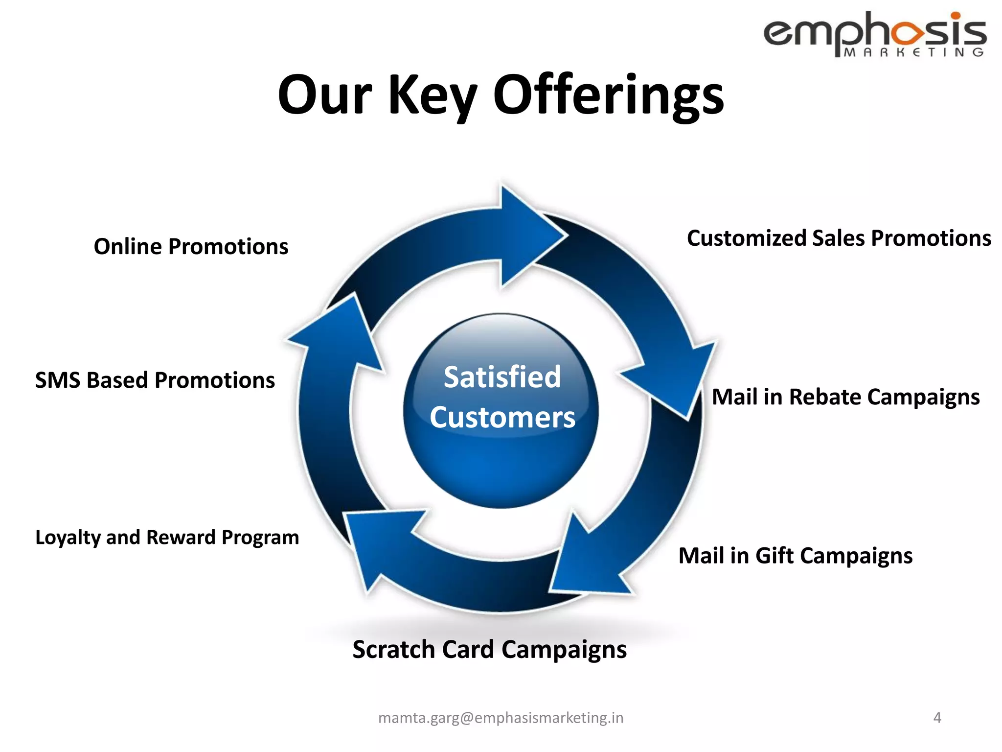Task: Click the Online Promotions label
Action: point(191,246)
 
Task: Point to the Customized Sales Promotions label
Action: point(839,238)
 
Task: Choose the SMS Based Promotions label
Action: point(155,380)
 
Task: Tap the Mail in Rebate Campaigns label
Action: point(845,397)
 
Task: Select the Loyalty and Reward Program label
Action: point(167,537)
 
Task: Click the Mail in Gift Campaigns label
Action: point(795,556)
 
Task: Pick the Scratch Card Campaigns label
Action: point(489,650)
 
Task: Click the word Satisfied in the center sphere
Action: point(502,377)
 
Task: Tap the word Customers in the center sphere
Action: point(502,418)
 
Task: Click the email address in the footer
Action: point(501,718)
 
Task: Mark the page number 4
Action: point(937,718)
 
